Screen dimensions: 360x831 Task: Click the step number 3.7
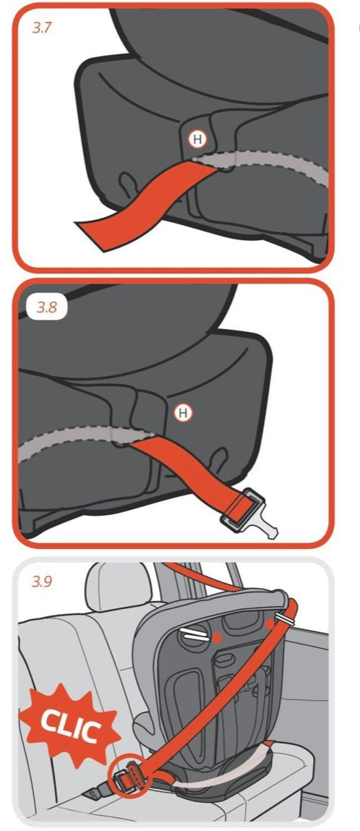tap(42, 28)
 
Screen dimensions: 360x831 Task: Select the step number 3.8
tap(46, 307)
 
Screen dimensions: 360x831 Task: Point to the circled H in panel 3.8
tap(183, 413)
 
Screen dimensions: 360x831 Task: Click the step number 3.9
tap(42, 582)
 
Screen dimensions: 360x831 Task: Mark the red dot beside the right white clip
tap(270, 623)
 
